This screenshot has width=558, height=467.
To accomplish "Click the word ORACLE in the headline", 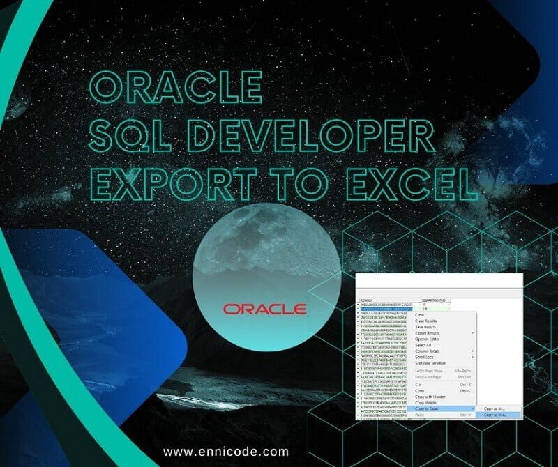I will [x=176, y=89].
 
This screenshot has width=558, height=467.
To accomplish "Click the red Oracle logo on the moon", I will [x=264, y=308].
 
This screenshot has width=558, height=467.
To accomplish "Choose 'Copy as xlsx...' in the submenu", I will [x=496, y=415].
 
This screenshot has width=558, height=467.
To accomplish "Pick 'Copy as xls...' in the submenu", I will [x=495, y=408].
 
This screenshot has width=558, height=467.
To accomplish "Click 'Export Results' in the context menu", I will [x=427, y=332].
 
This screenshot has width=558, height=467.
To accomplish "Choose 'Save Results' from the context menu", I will [x=425, y=327].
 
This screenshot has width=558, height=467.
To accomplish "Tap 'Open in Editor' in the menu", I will [x=426, y=339].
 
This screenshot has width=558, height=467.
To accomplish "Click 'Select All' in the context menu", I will [x=423, y=345].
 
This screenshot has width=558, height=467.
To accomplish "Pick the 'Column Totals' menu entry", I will [x=427, y=351].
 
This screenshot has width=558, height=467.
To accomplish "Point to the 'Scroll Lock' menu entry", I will [x=424, y=357].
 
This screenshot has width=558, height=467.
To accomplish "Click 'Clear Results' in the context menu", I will [x=425, y=321].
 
